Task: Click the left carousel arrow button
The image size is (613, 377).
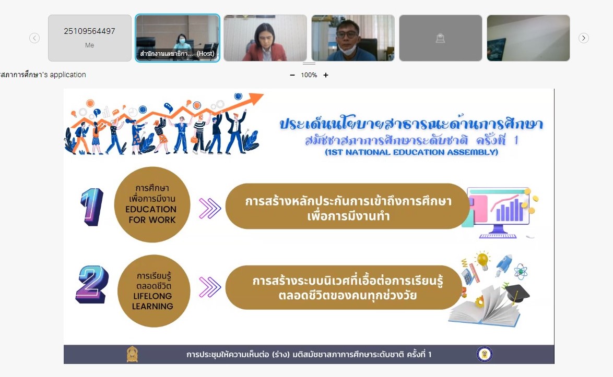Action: [x=34, y=38]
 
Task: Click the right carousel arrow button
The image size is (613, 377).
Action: [x=584, y=38]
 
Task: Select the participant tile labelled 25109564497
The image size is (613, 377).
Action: [x=89, y=38]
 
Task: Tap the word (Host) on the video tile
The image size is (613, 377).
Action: [x=206, y=54]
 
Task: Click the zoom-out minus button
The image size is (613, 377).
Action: [x=292, y=75]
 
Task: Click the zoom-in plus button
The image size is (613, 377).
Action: [x=326, y=75]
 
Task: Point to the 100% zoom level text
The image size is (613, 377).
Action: [x=309, y=75]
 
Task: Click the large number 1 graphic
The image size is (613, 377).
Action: [x=92, y=207]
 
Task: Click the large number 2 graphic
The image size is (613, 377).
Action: [x=92, y=285]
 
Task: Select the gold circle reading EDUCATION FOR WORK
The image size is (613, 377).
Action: [x=152, y=204]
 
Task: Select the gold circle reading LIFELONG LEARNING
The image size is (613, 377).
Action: [x=154, y=291]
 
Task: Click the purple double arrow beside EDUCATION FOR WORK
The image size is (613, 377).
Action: [x=210, y=208]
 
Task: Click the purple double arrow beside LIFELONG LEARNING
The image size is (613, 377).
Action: [x=210, y=287]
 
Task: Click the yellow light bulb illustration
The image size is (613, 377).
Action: [x=483, y=260]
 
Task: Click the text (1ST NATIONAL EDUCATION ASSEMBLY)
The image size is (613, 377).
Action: [x=411, y=152]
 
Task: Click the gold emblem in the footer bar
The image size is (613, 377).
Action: [x=132, y=354]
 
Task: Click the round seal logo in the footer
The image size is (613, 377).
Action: [x=485, y=355]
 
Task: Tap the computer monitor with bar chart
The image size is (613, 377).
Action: [x=499, y=212]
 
